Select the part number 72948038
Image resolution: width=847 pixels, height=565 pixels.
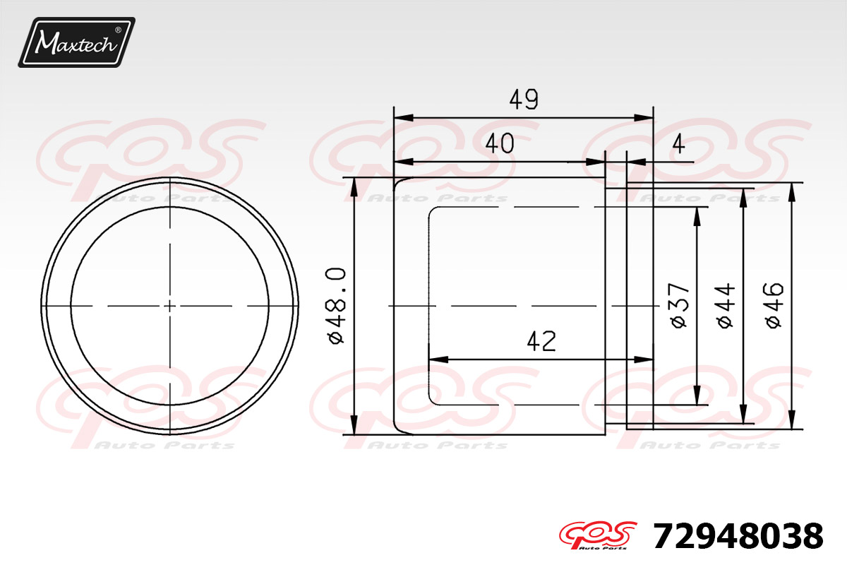(738, 537)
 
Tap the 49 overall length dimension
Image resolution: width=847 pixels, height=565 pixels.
(524, 100)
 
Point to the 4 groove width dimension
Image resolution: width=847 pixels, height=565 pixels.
(678, 144)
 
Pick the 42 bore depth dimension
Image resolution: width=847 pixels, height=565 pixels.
(541, 342)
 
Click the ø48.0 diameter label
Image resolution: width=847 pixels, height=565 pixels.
(336, 305)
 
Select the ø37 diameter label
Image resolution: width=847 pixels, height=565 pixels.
(678, 305)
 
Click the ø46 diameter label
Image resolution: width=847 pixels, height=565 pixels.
(774, 305)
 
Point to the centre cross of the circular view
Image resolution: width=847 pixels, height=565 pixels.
(169, 305)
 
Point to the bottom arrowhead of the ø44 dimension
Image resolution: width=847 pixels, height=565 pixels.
(743, 417)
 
